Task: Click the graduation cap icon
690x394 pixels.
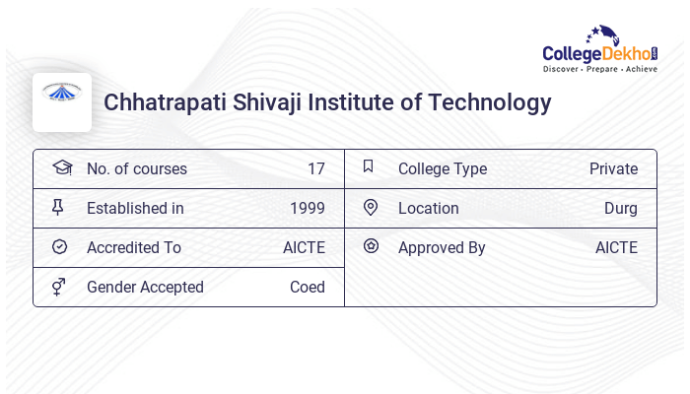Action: click(61, 167)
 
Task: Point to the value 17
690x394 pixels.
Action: click(315, 168)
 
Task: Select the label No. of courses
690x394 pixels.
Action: click(136, 168)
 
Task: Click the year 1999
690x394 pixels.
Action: click(307, 208)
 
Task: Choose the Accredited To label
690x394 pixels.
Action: click(133, 247)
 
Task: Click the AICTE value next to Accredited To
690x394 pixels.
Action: click(304, 247)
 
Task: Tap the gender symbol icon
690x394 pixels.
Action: click(60, 287)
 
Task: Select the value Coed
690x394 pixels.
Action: click(307, 287)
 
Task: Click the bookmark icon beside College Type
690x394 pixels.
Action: click(369, 167)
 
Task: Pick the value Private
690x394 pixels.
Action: click(613, 168)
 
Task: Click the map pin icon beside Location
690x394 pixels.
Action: click(371, 208)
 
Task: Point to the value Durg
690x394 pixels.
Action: click(620, 208)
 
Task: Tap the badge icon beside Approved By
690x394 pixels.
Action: click(371, 246)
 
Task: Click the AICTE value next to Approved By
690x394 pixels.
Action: click(616, 247)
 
